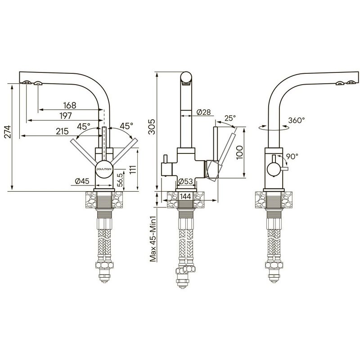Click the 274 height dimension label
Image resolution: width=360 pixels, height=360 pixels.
pyautogui.click(x=8, y=131)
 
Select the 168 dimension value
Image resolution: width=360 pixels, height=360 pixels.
pyautogui.click(x=70, y=105)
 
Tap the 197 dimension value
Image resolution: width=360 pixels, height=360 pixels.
pyautogui.click(x=66, y=116)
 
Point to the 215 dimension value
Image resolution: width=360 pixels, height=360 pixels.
pyautogui.click(x=62, y=131)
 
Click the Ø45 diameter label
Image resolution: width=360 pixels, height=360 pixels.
pyautogui.click(x=82, y=181)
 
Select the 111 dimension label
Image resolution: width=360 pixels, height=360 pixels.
pyautogui.click(x=133, y=170)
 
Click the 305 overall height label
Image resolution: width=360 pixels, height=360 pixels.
pyautogui.click(x=152, y=126)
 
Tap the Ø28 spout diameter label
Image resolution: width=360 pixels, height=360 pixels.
pyautogui.click(x=204, y=112)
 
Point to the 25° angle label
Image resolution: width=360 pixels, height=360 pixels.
pyautogui.click(x=230, y=118)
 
